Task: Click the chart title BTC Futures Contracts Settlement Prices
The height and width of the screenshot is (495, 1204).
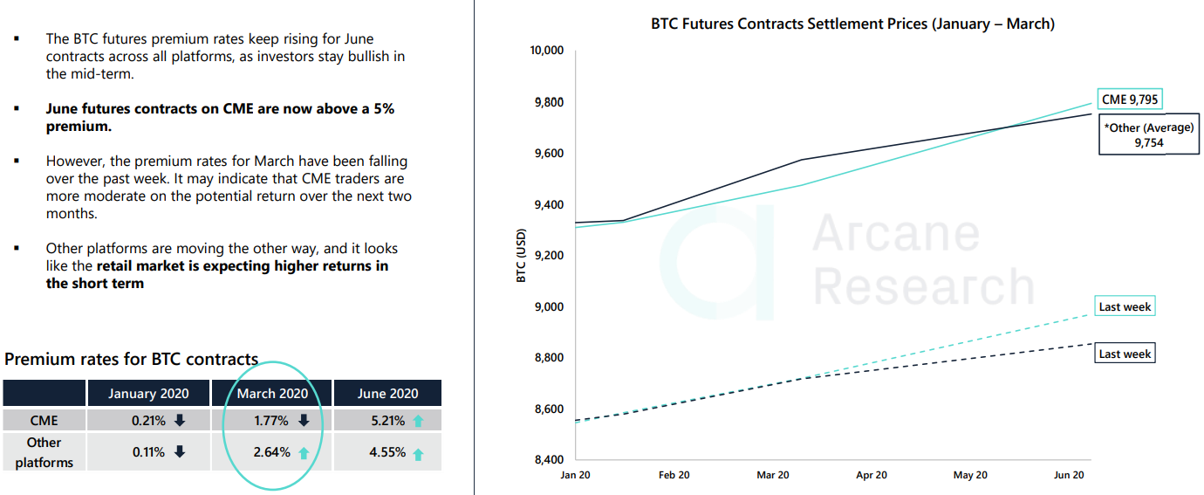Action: coord(852,24)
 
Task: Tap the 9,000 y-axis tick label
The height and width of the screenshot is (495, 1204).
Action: coord(549,306)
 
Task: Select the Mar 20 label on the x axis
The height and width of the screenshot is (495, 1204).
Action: coord(772,475)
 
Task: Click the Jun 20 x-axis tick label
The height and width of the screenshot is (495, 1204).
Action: coord(1068,475)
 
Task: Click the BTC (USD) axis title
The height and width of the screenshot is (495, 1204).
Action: coord(522,256)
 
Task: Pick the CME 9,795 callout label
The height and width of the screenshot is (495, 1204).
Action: coord(1130,100)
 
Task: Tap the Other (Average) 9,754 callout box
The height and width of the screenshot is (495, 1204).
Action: coord(1148,135)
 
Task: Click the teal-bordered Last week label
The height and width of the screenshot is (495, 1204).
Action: coord(1125,307)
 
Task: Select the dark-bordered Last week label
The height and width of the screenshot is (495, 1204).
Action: coord(1125,354)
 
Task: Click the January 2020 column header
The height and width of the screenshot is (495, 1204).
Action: coord(148,394)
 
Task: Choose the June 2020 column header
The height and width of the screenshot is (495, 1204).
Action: coord(387,394)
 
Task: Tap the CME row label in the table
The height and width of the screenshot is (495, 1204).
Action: coord(44,421)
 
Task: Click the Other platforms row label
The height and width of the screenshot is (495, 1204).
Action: coord(44,452)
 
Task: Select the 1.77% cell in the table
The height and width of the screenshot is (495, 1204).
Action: coord(271,421)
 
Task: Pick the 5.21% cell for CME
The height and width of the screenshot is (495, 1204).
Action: coord(387,421)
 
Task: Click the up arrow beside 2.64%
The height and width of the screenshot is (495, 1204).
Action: coord(303,453)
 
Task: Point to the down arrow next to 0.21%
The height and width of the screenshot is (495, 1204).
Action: coord(180,421)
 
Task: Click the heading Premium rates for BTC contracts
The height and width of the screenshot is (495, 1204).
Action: coord(131,359)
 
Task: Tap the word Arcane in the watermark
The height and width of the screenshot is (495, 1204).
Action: coord(896,233)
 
